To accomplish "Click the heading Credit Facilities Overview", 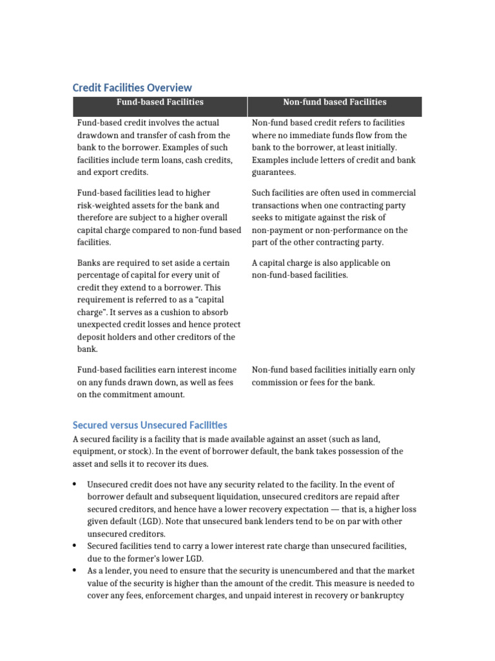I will tap(132, 87).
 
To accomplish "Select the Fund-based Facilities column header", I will tap(160, 102).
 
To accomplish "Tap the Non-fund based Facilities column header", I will tap(335, 102).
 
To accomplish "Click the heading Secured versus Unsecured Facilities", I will tap(150, 425).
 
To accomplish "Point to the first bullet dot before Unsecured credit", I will tap(75, 484).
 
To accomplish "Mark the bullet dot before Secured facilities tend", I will tap(75, 546).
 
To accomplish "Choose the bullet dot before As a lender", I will tap(75, 571).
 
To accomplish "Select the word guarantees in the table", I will tap(274, 172).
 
